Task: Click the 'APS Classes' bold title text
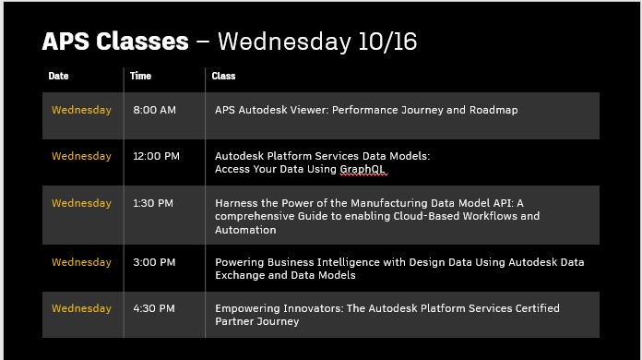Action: pos(115,42)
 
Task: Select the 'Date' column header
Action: pos(58,77)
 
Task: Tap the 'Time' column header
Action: pos(140,77)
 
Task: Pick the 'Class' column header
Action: pos(223,77)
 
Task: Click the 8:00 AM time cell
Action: pos(154,110)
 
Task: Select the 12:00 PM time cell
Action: pos(156,156)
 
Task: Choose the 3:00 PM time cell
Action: pos(154,262)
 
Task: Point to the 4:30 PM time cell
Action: pos(154,308)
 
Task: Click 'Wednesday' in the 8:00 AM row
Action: pos(81,110)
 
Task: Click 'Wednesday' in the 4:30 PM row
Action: pos(81,308)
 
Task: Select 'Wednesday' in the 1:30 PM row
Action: pos(81,203)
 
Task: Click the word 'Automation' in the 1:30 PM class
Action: pos(245,230)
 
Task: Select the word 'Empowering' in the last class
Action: pos(245,308)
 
